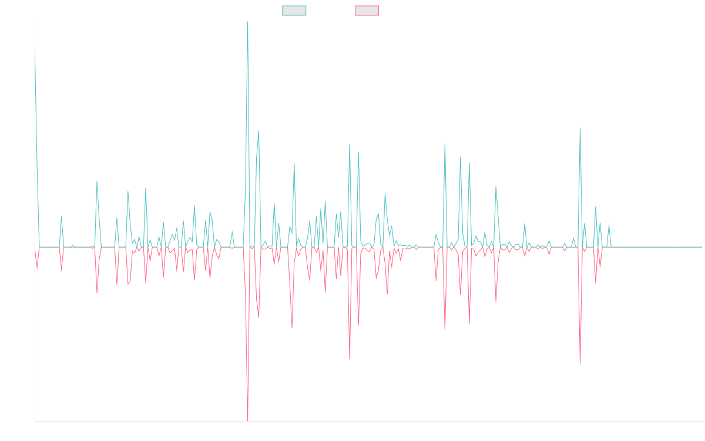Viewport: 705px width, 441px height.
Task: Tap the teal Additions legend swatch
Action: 294,11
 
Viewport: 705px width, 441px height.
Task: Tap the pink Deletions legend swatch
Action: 367,11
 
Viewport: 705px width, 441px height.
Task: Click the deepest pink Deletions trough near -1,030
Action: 248,420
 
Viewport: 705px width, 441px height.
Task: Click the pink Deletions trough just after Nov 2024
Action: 580,363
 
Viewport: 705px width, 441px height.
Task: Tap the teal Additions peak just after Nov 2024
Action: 580,128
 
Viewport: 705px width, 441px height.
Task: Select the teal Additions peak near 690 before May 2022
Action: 258,131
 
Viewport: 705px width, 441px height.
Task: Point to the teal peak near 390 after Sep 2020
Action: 97,182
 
